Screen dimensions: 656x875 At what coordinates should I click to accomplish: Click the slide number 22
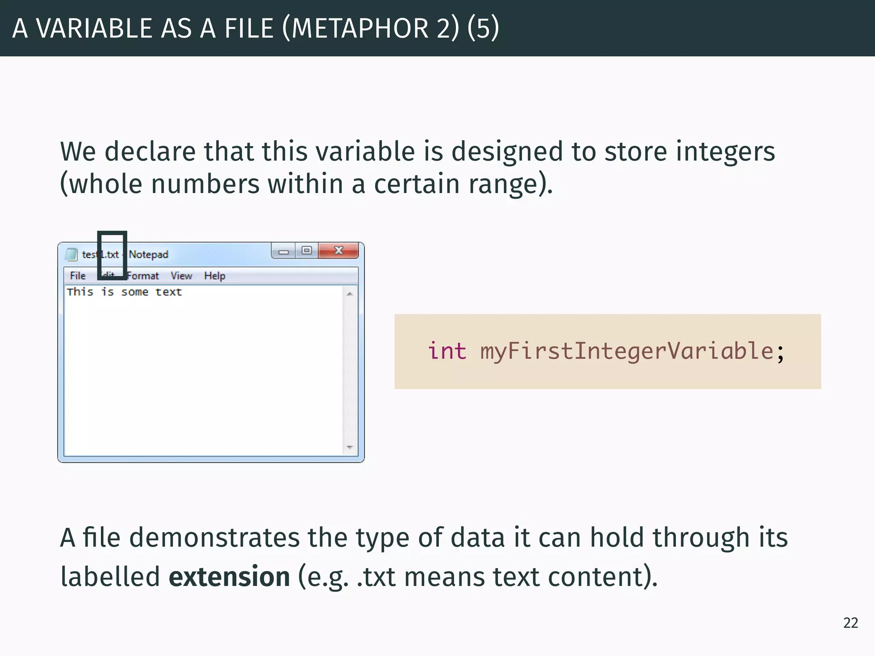click(x=850, y=623)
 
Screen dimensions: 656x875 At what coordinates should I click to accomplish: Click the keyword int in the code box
click(x=447, y=351)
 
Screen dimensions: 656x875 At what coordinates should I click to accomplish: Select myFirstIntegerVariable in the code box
click(x=626, y=351)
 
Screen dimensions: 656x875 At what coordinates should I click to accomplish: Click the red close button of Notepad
click(x=338, y=251)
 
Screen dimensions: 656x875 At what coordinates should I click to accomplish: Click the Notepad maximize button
click(x=306, y=251)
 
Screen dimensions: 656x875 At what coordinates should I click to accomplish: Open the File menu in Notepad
click(x=78, y=276)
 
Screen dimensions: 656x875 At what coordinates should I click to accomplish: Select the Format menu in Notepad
click(x=143, y=276)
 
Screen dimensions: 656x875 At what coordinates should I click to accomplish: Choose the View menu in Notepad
click(x=181, y=276)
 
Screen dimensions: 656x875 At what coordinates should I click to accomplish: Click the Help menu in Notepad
click(x=214, y=276)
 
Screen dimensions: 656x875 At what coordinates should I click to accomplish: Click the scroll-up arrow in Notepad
click(x=350, y=294)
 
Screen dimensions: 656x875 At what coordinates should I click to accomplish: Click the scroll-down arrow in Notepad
click(x=350, y=447)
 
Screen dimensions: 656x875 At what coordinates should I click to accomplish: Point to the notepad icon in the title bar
click(x=71, y=254)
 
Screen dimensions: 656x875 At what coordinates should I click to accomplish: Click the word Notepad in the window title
click(x=149, y=255)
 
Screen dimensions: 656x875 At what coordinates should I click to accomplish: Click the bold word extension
click(x=229, y=577)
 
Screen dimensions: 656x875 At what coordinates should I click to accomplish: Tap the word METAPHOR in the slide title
click(x=360, y=29)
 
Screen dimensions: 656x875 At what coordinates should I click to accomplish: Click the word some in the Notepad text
click(x=135, y=292)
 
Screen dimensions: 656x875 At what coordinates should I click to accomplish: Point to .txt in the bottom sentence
click(x=376, y=577)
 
